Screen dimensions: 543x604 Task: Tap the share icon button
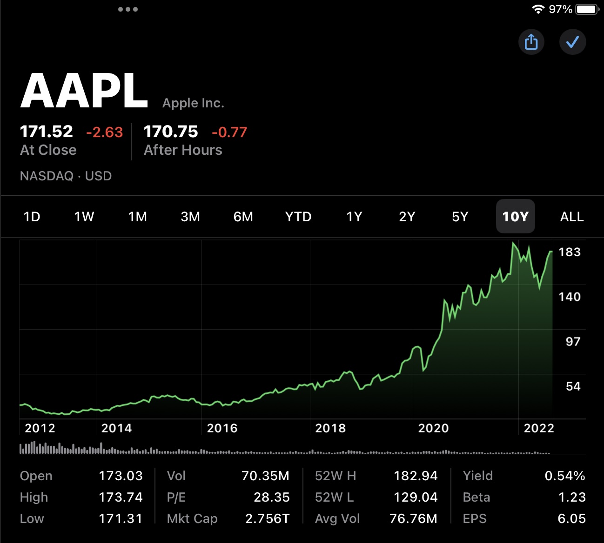(531, 42)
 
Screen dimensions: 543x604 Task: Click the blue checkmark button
(572, 42)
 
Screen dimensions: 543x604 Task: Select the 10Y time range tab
(515, 217)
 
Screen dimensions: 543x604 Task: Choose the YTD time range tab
(298, 217)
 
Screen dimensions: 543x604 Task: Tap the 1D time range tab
(32, 217)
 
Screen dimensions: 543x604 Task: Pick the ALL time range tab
(571, 217)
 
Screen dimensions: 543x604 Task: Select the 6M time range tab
(243, 217)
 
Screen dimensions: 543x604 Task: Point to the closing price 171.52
(47, 132)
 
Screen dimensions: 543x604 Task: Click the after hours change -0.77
(229, 132)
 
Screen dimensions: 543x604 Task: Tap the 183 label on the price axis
(569, 252)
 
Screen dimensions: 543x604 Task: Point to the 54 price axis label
(573, 386)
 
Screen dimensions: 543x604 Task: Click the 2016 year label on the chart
(222, 428)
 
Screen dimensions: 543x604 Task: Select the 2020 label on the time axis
(433, 428)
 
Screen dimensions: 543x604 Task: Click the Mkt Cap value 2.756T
(267, 518)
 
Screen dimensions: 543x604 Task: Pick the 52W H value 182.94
(416, 476)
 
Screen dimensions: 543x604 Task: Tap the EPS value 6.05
(571, 518)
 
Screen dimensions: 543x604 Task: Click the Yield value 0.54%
(564, 476)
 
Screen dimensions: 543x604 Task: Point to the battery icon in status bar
(586, 9)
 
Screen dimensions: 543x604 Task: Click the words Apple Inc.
(193, 103)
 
